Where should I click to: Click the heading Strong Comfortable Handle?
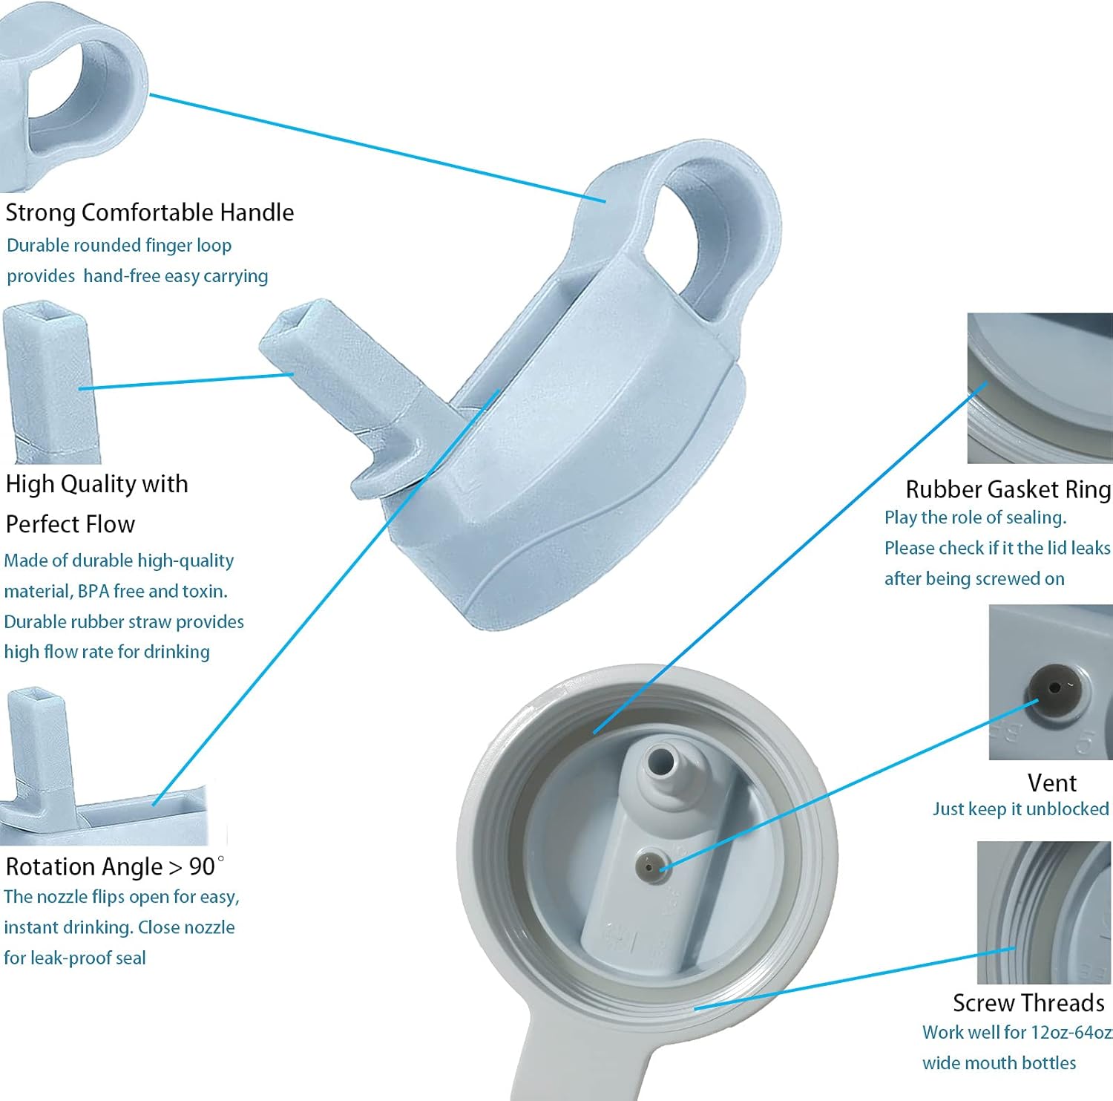click(x=150, y=212)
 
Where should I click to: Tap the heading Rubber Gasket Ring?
click(x=1008, y=489)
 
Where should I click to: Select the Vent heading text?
click(x=1051, y=783)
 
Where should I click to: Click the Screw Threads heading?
click(x=1028, y=1003)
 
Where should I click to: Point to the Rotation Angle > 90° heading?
click(x=115, y=866)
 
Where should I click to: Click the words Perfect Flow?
click(x=70, y=524)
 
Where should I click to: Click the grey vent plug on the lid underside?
click(x=650, y=865)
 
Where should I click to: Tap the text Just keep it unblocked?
click(x=1021, y=809)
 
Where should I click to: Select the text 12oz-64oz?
click(x=1071, y=1033)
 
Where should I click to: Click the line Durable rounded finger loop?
click(x=119, y=246)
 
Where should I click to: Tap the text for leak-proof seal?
click(x=75, y=958)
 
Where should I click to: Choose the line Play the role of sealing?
click(x=975, y=517)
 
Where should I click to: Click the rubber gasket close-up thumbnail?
click(x=1040, y=388)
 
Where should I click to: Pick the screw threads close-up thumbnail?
click(x=1044, y=912)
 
